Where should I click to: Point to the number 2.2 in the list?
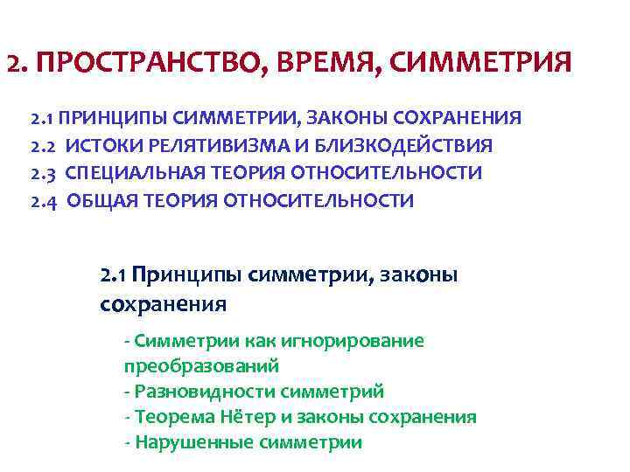[x=45, y=145]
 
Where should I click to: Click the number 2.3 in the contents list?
[x=45, y=173]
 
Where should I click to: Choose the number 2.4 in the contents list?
[x=45, y=201]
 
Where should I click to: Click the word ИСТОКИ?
[x=101, y=145]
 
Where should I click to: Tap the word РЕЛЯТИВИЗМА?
[x=207, y=145]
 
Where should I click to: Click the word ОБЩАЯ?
[x=97, y=201]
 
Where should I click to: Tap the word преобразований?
[x=200, y=366]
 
